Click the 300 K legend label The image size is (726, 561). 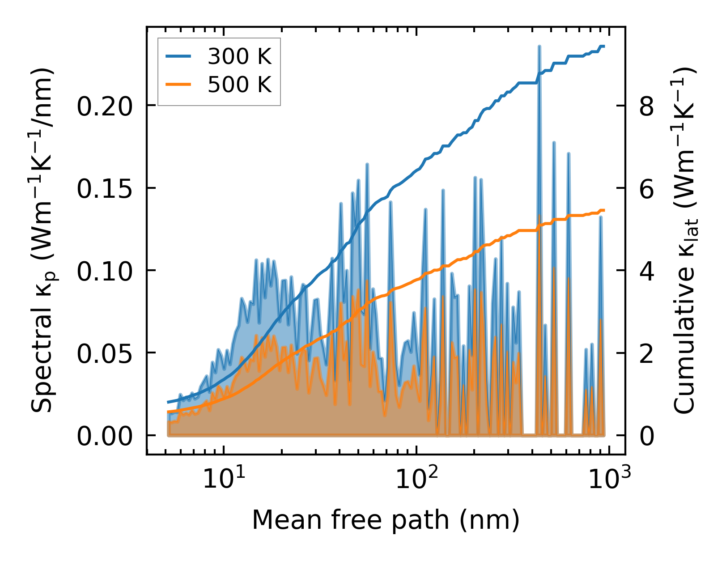(x=239, y=57)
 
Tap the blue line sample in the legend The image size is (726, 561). (x=178, y=57)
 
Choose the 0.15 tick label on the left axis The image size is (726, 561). (x=105, y=188)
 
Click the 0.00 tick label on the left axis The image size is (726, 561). (x=105, y=436)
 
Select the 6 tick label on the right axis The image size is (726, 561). (x=647, y=188)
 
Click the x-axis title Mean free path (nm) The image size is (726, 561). (x=386, y=520)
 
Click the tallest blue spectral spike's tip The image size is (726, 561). (x=539, y=47)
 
